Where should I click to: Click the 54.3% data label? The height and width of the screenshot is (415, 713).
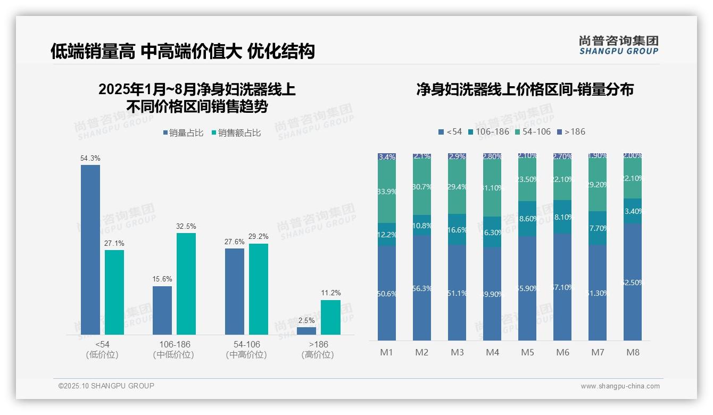(90, 159)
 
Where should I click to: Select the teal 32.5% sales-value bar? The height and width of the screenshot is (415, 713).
(186, 284)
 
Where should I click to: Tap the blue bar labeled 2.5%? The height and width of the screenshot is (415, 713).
(306, 330)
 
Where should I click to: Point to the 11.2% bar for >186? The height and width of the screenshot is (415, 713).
(330, 317)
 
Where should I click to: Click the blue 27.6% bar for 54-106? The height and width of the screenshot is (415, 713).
(235, 292)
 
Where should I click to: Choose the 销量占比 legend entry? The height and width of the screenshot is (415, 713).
(183, 133)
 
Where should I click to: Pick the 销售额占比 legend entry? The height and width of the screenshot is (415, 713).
(236, 133)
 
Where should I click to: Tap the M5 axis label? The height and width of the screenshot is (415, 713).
(527, 352)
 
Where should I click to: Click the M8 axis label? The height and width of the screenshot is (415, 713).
(633, 352)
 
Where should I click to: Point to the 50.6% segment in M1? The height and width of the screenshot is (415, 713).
(387, 293)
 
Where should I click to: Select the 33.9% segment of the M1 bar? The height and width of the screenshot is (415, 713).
(387, 192)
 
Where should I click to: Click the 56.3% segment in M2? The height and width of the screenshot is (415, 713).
(422, 288)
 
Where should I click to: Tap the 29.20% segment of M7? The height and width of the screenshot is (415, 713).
(598, 185)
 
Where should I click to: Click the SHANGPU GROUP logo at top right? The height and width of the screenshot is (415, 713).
(618, 45)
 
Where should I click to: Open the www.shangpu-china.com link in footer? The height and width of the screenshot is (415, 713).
(620, 386)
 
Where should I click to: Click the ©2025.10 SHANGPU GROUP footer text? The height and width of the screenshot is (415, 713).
(106, 386)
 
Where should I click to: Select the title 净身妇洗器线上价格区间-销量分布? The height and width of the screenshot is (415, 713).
(525, 89)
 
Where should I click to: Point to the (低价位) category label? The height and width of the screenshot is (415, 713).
(102, 355)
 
